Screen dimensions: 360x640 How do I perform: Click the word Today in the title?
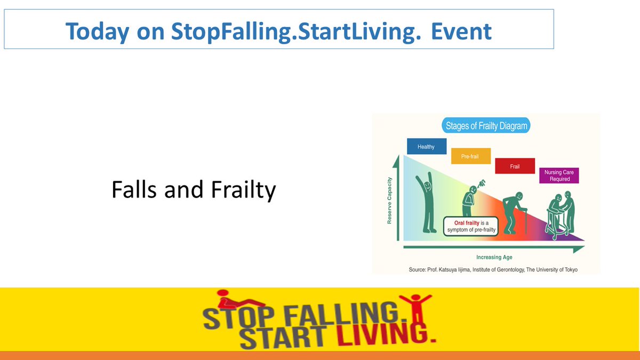pyautogui.click(x=97, y=32)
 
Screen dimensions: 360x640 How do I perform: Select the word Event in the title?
pyautogui.click(x=461, y=32)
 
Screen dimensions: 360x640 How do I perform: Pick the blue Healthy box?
pyautogui.click(x=426, y=147)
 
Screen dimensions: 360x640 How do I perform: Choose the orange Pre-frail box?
pyautogui.click(x=470, y=156)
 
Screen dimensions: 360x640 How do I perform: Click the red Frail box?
pyautogui.click(x=515, y=166)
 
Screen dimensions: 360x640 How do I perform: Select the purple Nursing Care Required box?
pyautogui.click(x=558, y=176)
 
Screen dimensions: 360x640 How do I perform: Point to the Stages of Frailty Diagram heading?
pyautogui.click(x=485, y=126)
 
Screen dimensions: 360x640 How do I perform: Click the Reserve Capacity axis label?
pyautogui.click(x=389, y=200)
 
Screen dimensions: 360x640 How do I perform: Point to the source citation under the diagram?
pyautogui.click(x=493, y=269)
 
